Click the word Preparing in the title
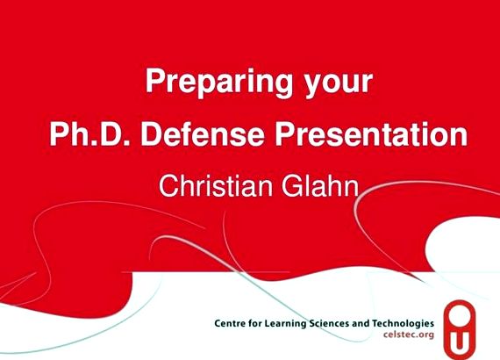(218, 83)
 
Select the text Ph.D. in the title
(89, 133)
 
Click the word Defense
(203, 133)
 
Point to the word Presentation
(372, 133)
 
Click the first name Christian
(216, 186)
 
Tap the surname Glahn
(320, 186)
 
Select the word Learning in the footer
(286, 324)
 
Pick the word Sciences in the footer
(329, 323)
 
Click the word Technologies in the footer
(404, 324)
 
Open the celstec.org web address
(409, 335)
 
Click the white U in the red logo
(459, 342)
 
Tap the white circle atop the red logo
(460, 315)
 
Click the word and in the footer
(361, 323)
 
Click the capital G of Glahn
(291, 186)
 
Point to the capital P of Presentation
(284, 133)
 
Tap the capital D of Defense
(151, 133)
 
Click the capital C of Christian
(168, 186)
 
